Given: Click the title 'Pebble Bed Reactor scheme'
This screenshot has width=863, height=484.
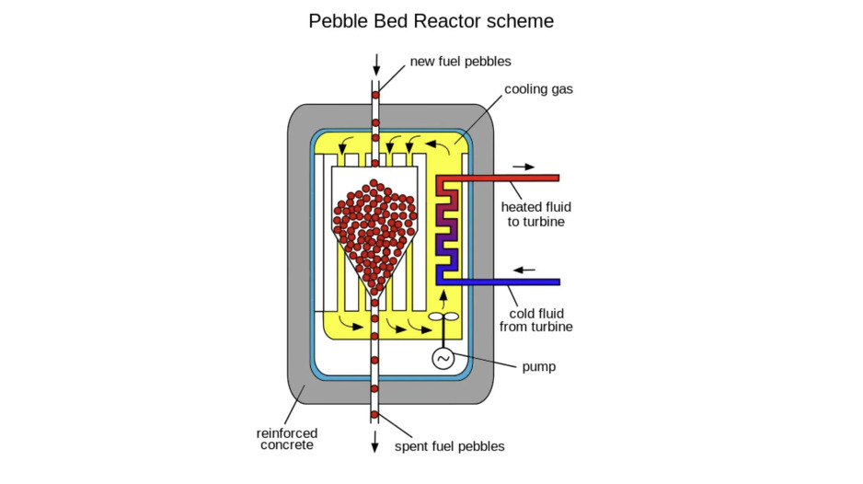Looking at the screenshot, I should click(431, 20).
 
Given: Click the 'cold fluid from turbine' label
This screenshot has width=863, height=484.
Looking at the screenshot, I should click(535, 320).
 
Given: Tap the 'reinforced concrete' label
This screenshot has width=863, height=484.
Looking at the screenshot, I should click(288, 439).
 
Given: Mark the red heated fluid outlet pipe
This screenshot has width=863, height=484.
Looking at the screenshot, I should click(515, 177).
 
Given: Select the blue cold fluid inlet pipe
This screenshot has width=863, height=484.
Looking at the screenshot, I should click(515, 282).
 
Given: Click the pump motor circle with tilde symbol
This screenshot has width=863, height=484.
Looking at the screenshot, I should click(443, 358).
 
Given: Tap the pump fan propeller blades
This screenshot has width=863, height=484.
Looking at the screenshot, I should click(443, 317).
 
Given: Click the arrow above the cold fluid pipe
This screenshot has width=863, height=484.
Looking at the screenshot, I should click(524, 271).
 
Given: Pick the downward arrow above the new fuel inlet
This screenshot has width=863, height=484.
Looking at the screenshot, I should click(375, 64).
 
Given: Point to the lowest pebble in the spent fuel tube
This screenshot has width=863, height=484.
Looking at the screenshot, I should click(375, 415).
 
